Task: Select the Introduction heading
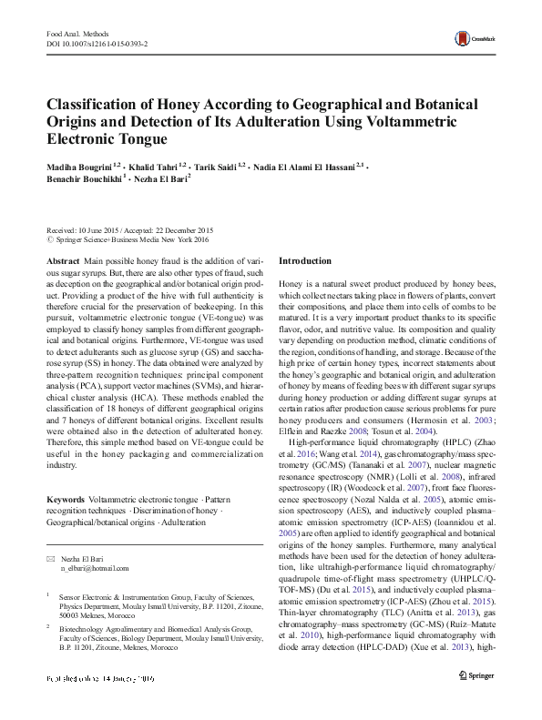304,260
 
